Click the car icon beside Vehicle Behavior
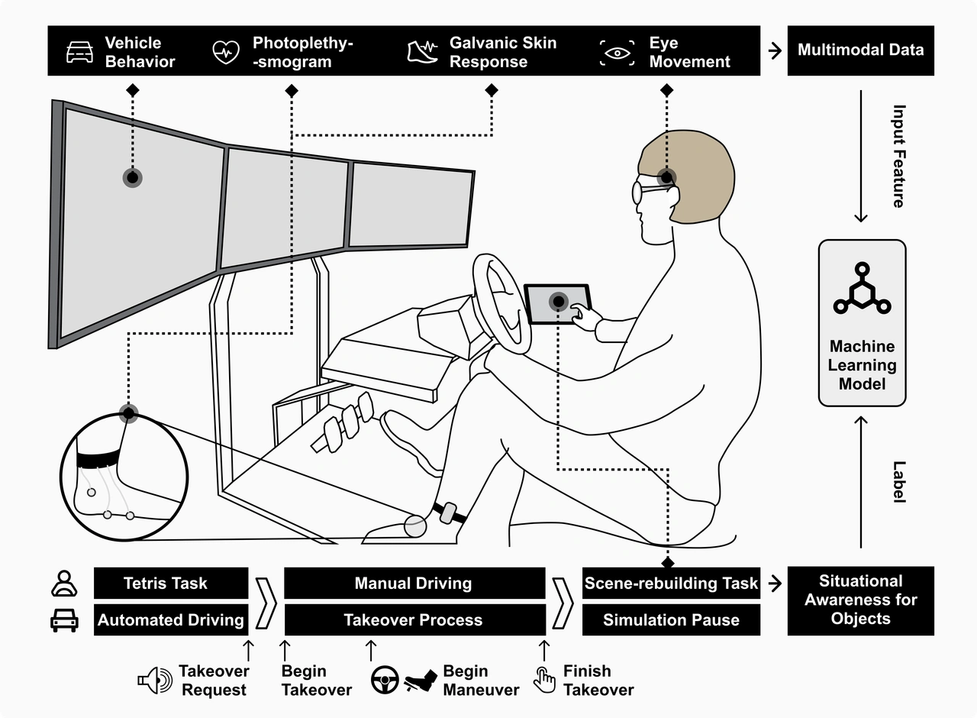click(79, 52)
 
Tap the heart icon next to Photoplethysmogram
click(226, 52)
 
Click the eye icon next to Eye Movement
click(617, 52)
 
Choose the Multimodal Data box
click(860, 50)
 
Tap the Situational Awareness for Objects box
click(860, 600)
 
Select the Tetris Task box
click(171, 584)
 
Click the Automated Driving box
click(171, 620)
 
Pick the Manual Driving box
click(414, 584)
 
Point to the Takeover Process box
click(414, 620)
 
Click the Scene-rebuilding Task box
click(671, 584)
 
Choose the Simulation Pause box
click(671, 620)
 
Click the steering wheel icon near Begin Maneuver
click(385, 679)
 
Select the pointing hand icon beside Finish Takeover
click(544, 679)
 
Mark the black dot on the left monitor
click(133, 178)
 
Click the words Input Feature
click(898, 157)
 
